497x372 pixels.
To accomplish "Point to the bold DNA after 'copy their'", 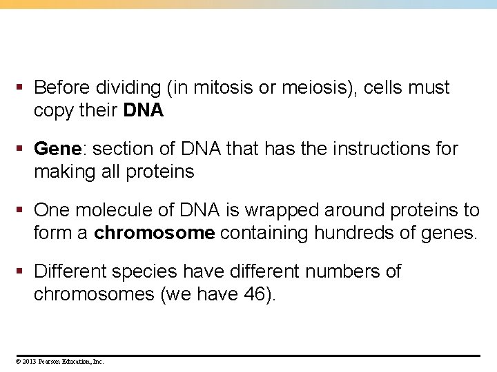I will tap(144, 111).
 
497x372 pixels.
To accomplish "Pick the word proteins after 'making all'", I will tap(160, 172).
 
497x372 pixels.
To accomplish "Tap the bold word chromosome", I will tap(155, 233).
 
